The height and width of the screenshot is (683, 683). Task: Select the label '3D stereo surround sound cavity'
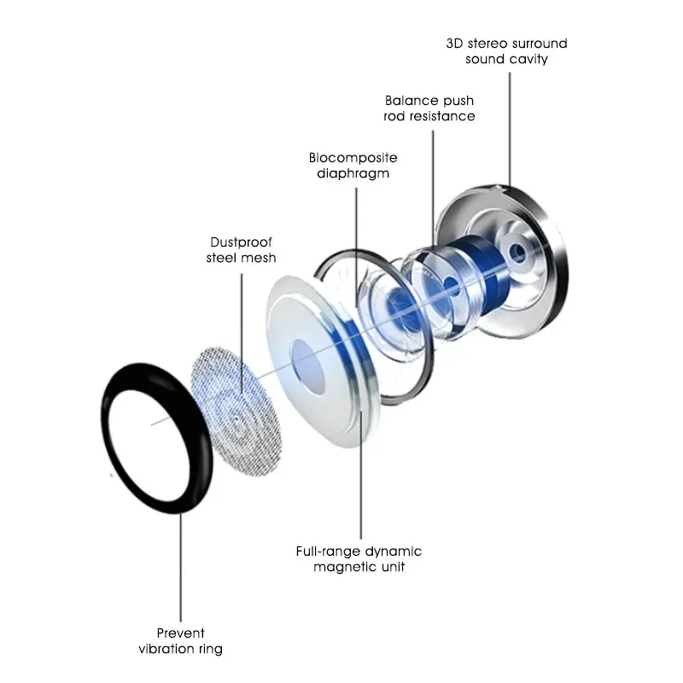pyautogui.click(x=506, y=51)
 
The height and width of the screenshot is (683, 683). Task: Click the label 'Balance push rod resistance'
pyautogui.click(x=429, y=108)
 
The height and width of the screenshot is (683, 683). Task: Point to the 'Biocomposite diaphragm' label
pyautogui.click(x=353, y=165)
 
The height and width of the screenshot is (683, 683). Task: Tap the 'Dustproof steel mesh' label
pyautogui.click(x=241, y=249)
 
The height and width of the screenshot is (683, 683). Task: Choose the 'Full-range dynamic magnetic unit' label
pyautogui.click(x=359, y=559)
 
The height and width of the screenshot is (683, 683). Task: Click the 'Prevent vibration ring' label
pyautogui.click(x=181, y=641)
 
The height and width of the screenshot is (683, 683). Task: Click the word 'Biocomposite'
pyautogui.click(x=353, y=158)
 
